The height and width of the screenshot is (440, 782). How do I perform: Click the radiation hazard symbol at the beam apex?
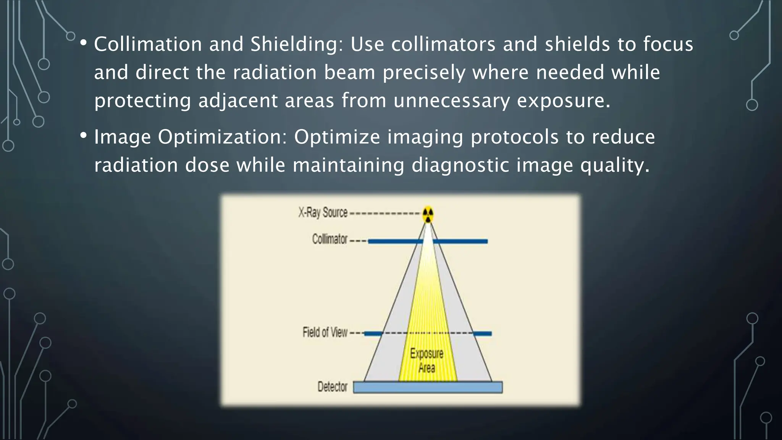coord(428,215)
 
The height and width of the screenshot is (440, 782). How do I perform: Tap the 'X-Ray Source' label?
coord(323,212)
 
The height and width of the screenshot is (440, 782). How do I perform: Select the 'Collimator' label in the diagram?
coord(330,239)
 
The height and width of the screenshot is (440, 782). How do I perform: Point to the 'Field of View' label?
coord(325,332)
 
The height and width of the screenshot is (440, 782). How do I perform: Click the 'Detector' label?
coord(333,387)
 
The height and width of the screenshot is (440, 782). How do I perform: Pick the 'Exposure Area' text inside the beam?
coord(427,361)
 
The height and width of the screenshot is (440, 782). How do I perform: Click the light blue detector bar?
coord(428,387)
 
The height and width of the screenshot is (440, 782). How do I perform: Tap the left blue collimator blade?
coord(395,241)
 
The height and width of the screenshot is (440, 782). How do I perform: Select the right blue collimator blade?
coord(460,241)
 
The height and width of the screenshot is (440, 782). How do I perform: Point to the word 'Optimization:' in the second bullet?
coord(222,137)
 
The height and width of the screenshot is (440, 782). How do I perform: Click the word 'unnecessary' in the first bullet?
coord(452,100)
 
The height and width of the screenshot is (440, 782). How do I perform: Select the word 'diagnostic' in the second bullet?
coord(460,165)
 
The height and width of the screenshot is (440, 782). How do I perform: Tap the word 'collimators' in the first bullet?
coord(443,44)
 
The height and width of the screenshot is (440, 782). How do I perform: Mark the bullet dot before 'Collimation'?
coord(84,43)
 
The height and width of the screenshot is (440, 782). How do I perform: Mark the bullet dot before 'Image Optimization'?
coord(84,135)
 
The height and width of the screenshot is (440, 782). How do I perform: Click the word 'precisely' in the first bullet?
coord(424,73)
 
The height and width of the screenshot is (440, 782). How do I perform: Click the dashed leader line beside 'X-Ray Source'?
coord(385,214)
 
